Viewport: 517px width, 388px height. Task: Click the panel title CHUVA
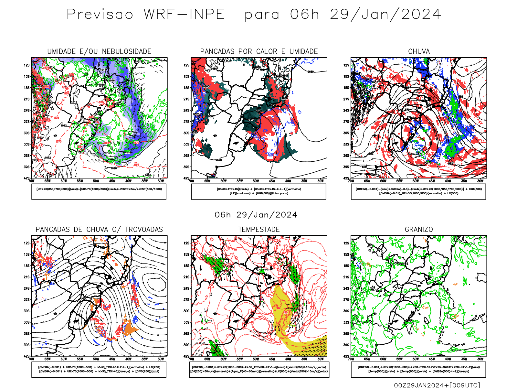pyautogui.click(x=419, y=51)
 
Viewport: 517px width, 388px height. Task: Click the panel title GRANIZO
pyautogui.click(x=419, y=230)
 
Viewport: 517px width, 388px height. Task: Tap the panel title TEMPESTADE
pyautogui.click(x=259, y=230)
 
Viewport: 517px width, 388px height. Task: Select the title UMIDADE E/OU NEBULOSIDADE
pyautogui.click(x=99, y=51)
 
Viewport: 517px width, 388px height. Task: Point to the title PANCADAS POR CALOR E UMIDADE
pyautogui.click(x=259, y=51)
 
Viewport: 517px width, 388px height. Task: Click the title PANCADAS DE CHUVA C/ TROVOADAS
pyautogui.click(x=99, y=230)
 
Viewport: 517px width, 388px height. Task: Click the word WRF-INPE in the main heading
pyautogui.click(x=184, y=15)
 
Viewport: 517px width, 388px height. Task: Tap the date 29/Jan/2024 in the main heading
pyautogui.click(x=385, y=15)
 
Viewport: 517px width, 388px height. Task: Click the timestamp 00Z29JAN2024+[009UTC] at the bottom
pyautogui.click(x=437, y=385)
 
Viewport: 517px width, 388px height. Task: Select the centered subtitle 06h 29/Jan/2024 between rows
pyautogui.click(x=256, y=215)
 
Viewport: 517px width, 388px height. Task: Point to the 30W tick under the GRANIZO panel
pyautogui.click(x=480, y=359)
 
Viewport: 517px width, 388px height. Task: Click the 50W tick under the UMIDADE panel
pyautogui.click(x=96, y=181)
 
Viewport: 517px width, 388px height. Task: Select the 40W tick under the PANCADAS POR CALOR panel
pyautogui.click(x=288, y=181)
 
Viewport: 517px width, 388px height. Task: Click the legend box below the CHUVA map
pyautogui.click(x=418, y=191)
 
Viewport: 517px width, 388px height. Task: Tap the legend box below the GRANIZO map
pyautogui.click(x=418, y=369)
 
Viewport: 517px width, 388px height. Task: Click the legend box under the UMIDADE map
pyautogui.click(x=99, y=191)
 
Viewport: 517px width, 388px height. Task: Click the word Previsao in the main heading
pyautogui.click(x=100, y=15)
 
